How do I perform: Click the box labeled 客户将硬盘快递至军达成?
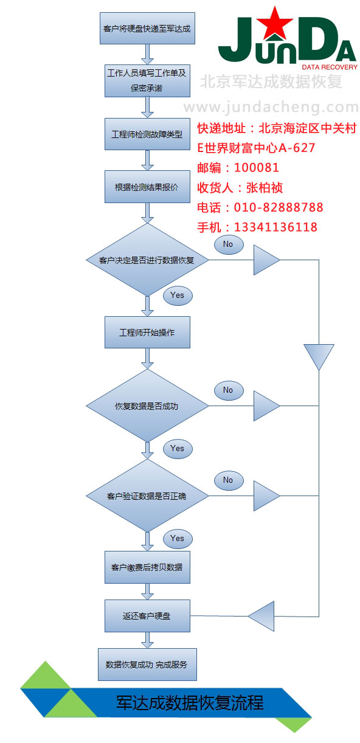(147, 28)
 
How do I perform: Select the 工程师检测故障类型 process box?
(147, 134)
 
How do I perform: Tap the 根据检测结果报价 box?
(147, 187)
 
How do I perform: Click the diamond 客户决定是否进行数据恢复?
(147, 260)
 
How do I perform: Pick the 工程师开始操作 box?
(147, 332)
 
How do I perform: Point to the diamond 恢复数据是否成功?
(147, 406)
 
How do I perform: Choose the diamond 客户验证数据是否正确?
(147, 496)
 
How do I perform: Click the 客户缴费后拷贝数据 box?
(147, 567)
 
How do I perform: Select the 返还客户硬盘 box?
(147, 616)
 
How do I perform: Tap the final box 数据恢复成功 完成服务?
(147, 665)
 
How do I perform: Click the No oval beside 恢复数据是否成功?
(229, 390)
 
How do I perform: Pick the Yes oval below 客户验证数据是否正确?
(178, 539)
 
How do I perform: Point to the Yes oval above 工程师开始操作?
(178, 295)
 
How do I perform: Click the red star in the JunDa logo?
(275, 23)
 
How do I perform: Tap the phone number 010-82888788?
(279, 207)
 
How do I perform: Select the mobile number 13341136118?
(275, 227)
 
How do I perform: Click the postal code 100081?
(257, 167)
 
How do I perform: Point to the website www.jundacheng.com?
(271, 107)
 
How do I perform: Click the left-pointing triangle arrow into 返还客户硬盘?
(261, 616)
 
